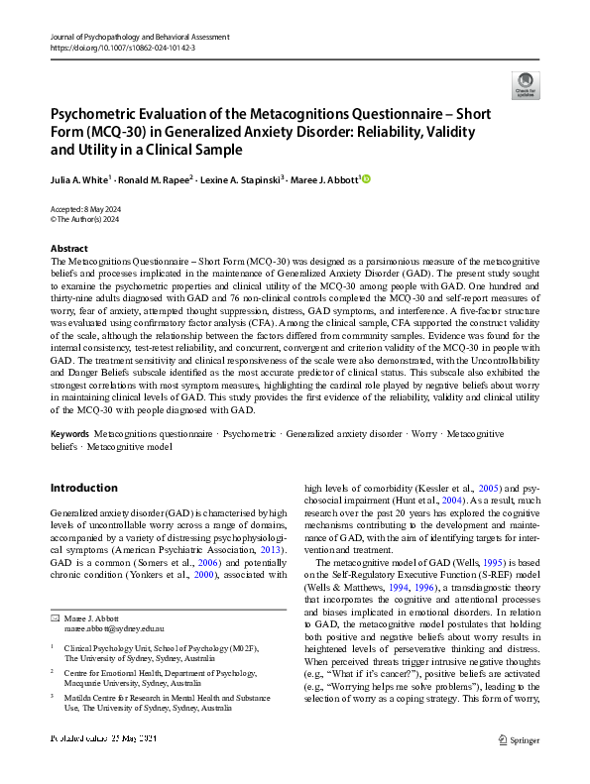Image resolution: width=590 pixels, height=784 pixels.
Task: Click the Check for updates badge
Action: pos(523,84)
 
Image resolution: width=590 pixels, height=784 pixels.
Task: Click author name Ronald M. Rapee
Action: pos(155,179)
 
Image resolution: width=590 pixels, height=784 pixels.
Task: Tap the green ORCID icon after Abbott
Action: pos(365,178)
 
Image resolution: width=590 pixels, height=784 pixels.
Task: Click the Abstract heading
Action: pos(68,248)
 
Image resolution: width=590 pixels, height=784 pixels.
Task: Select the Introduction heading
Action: pos(83,488)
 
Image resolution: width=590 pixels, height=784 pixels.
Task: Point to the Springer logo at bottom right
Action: pos(519,766)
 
